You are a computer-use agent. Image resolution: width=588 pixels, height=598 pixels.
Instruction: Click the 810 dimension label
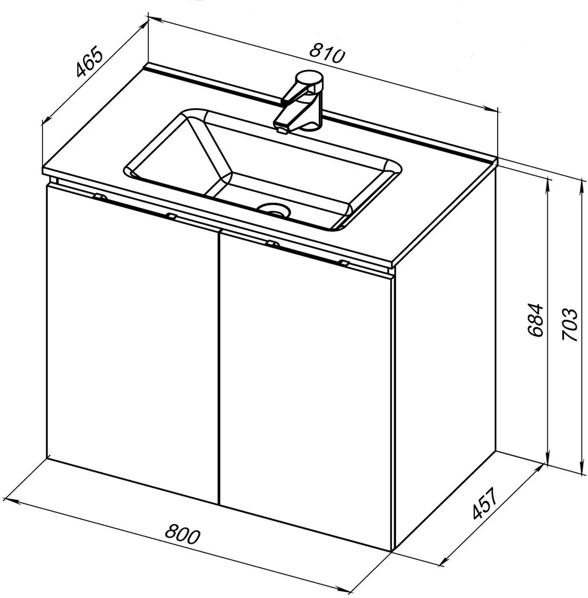[327, 53]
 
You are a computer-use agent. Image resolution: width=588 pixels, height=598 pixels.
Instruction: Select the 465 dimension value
[89, 62]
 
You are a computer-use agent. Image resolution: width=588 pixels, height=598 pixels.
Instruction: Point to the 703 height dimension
[569, 324]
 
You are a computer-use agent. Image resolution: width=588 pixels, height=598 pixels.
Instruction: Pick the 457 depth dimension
[485, 503]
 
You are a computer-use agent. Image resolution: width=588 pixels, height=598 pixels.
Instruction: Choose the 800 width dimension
[182, 533]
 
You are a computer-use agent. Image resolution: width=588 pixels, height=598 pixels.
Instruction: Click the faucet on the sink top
[300, 102]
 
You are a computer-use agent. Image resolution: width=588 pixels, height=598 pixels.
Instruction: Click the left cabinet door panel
[132, 343]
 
